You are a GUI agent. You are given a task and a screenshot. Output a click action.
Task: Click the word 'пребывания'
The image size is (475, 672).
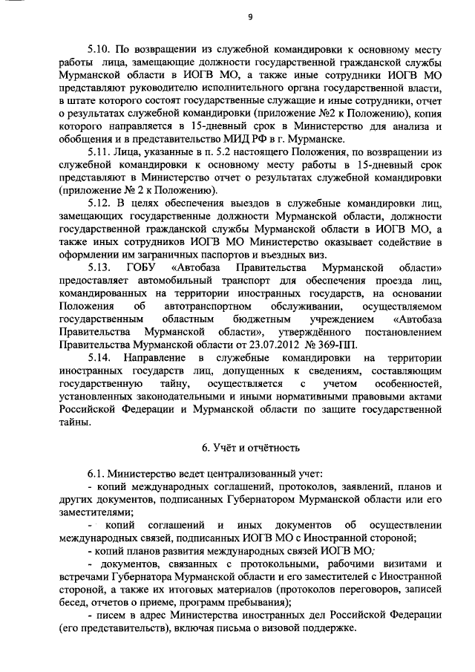click(x=263, y=602)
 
